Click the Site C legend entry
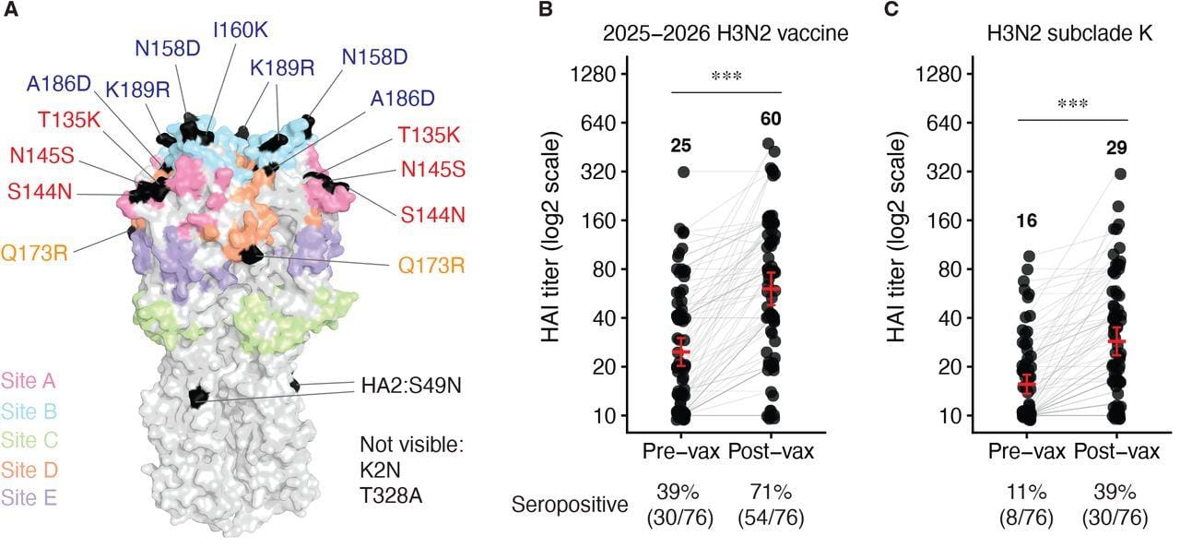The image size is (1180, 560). [29, 437]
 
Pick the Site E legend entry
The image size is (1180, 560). [29, 498]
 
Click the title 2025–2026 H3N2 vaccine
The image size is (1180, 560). [726, 35]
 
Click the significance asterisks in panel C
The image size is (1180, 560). [1073, 104]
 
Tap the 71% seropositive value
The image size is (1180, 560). [771, 491]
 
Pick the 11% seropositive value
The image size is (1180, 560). [1027, 491]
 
